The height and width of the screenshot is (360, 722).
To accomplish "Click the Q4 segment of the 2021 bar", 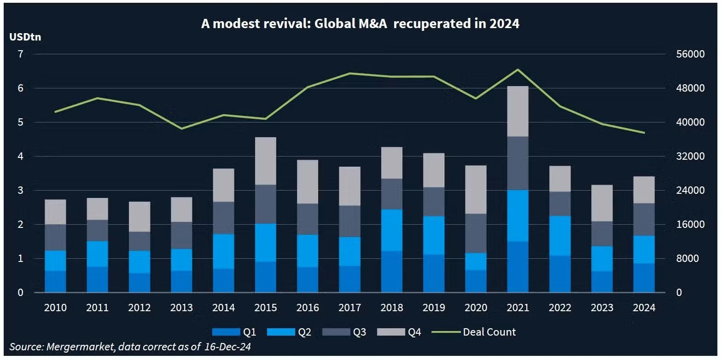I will [x=518, y=111].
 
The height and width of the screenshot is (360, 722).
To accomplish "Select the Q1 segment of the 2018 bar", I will [x=392, y=272].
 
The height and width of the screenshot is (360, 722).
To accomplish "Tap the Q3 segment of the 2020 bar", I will [x=476, y=233].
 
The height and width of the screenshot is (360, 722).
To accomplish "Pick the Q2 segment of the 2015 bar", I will [x=266, y=243].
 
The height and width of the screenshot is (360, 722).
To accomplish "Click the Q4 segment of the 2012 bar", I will [x=139, y=216].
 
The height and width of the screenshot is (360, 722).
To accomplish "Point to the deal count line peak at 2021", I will [x=518, y=70].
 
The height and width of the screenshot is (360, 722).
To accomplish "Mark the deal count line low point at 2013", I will [x=181, y=128].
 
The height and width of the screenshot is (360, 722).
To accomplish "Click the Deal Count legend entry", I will [x=489, y=332].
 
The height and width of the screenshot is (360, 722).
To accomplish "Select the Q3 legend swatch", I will [x=336, y=332].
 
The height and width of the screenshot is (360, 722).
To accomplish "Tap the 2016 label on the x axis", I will [x=307, y=308].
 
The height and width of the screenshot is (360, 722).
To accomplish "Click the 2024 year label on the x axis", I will [x=644, y=308].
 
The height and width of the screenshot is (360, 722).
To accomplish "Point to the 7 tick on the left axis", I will [x=20, y=54].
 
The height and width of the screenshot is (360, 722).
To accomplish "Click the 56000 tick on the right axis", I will [x=690, y=54].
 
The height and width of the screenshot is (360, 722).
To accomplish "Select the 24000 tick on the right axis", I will [x=690, y=190].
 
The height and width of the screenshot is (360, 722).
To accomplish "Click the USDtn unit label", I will [x=25, y=37].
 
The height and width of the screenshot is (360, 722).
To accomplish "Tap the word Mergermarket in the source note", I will [x=81, y=347].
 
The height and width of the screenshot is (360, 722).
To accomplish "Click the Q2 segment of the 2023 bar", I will [x=602, y=259].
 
